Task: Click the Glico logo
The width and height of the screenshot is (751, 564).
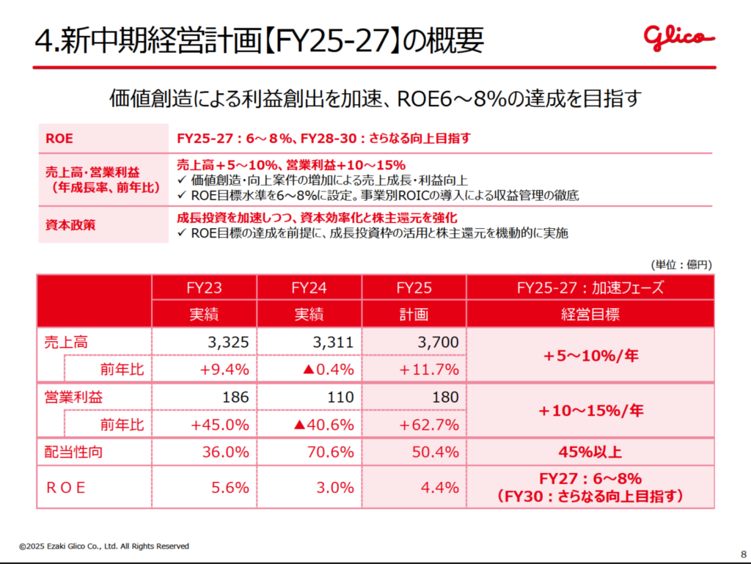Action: (x=678, y=37)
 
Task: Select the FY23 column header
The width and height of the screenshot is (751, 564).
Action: (x=205, y=288)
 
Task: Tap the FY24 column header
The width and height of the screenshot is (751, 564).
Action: (x=309, y=288)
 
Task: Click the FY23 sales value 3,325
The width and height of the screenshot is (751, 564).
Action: (x=228, y=341)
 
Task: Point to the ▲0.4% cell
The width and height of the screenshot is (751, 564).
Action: (x=329, y=368)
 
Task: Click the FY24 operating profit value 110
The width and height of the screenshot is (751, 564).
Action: (x=341, y=397)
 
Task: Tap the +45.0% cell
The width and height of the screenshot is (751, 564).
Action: (x=220, y=424)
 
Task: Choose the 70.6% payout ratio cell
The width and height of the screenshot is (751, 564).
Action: (x=334, y=452)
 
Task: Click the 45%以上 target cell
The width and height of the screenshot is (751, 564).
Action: (x=590, y=452)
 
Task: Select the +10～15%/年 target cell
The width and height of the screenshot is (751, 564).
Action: (x=590, y=411)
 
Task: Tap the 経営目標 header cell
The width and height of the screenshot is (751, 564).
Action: (x=590, y=315)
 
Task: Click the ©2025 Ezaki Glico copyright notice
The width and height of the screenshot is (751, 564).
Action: (x=104, y=546)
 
